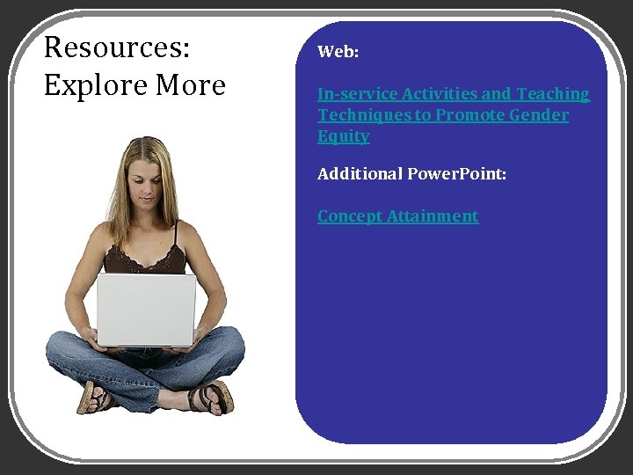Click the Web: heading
(338, 52)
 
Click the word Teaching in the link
(553, 93)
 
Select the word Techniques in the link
(359, 115)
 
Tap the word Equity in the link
(343, 136)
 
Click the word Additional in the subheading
(360, 174)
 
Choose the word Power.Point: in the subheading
(456, 174)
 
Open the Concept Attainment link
(397, 216)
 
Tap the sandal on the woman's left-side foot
(94, 398)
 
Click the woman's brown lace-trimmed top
(145, 259)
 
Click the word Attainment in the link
(433, 216)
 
